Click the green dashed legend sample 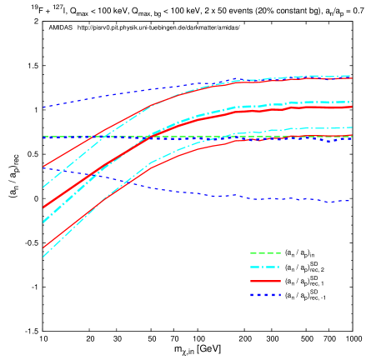coord(265,253)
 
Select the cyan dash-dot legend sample coord(265,267)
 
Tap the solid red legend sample coord(265,282)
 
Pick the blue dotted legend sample coord(265,295)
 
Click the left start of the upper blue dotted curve coord(43,107)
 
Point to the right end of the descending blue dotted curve coord(350,201)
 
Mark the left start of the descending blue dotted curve coord(43,167)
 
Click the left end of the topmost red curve coord(43,167)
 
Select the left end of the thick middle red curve coord(43,207)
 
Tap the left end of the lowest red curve coord(43,247)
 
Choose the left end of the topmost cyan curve coord(43,187)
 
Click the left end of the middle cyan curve coord(43,222)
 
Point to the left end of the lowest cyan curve coord(43,257)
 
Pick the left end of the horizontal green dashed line coord(43,137)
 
